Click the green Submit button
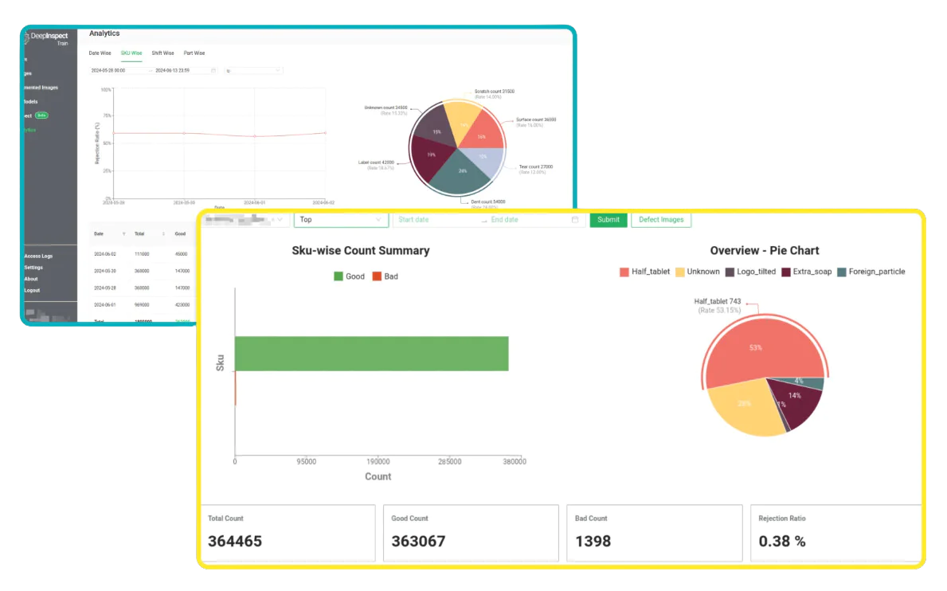pos(608,220)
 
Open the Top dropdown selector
pos(340,220)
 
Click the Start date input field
pos(435,220)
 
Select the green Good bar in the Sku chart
pos(371,354)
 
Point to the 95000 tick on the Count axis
pos(306,461)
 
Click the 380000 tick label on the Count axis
pos(514,461)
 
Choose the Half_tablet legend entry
pos(645,272)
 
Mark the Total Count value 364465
pos(235,542)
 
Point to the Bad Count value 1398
pos(593,542)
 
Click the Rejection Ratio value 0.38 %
pos(782,542)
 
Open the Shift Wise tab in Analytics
pos(162,53)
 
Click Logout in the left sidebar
pos(32,290)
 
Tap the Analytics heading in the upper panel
pos(104,33)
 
